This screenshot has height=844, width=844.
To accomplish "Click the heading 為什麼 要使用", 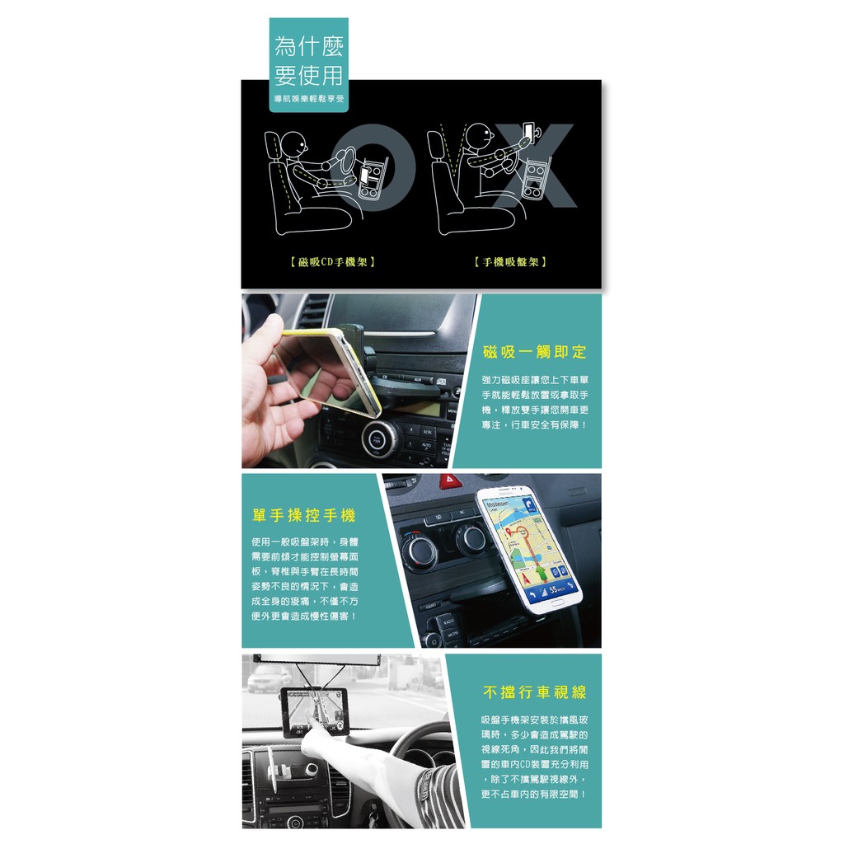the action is (x=308, y=60).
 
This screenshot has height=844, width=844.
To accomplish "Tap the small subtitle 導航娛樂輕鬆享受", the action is (x=308, y=99).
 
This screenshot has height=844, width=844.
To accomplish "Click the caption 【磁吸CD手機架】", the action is (x=332, y=262).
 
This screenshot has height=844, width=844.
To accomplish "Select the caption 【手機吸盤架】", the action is (x=510, y=262).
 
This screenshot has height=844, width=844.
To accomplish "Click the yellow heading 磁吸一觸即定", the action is (x=534, y=353).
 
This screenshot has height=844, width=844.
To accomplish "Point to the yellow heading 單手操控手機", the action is (x=304, y=516).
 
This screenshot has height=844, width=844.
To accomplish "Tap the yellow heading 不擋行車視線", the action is (x=534, y=692).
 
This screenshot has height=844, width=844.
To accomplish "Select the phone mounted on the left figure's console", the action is (x=365, y=175).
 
